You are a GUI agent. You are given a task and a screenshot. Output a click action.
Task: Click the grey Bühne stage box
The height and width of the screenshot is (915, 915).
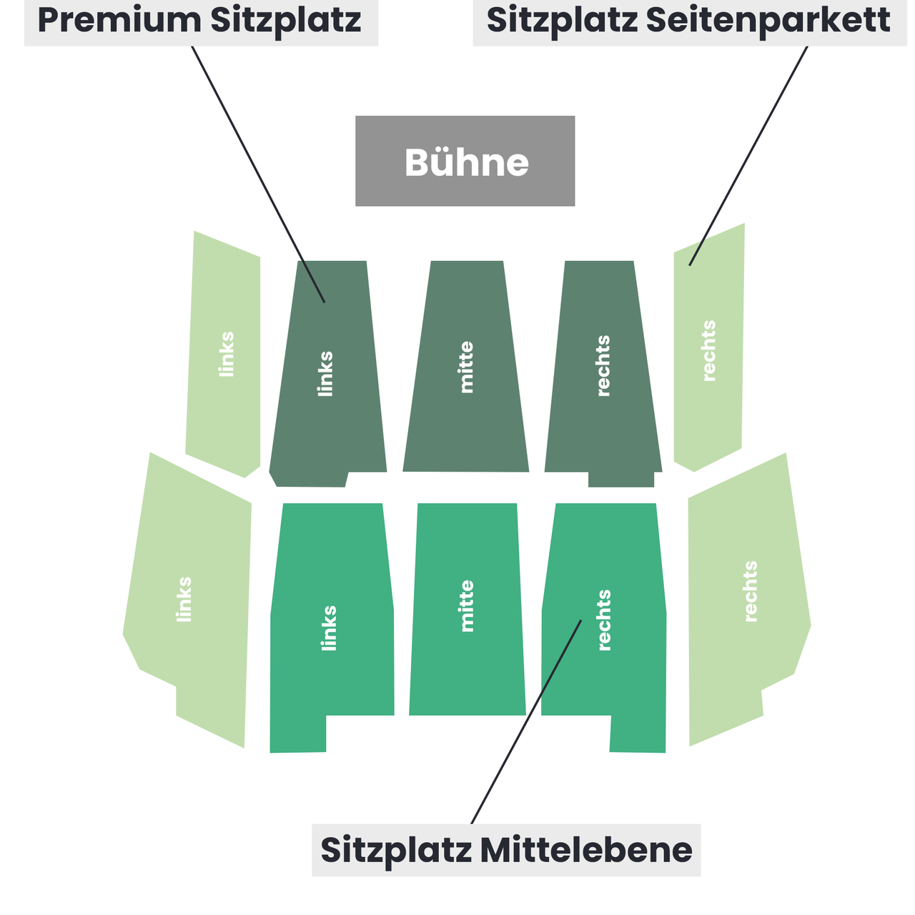[x=465, y=161]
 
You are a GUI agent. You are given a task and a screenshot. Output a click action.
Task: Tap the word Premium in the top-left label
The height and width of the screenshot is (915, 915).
[x=119, y=21]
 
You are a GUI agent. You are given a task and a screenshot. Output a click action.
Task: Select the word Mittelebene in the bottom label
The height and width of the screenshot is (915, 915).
[x=586, y=850]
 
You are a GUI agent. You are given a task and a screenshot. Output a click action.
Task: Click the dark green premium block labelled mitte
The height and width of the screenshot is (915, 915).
[x=466, y=366]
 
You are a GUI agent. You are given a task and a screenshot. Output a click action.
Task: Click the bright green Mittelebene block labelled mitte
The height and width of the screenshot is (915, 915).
[x=468, y=609]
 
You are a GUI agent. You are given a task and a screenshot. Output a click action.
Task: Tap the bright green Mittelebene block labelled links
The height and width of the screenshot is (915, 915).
[x=332, y=628]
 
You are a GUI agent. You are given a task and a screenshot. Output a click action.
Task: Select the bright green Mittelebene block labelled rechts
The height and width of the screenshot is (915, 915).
[x=604, y=628]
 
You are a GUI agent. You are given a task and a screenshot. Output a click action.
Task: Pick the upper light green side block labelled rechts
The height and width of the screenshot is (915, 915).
[x=708, y=347]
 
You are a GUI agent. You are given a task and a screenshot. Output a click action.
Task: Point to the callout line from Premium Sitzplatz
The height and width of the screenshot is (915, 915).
[x=258, y=174]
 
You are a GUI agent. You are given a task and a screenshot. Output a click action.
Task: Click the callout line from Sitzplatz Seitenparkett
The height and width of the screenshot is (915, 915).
[x=748, y=156]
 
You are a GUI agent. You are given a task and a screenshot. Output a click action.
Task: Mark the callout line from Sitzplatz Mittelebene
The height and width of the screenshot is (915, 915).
[x=526, y=722]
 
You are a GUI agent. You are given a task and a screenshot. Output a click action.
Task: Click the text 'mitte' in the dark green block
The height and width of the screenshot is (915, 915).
[x=466, y=367]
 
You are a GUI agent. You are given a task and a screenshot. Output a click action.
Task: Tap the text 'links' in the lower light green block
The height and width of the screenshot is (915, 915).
[x=183, y=599]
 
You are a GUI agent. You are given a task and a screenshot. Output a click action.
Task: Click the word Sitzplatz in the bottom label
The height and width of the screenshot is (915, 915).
[x=396, y=851]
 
